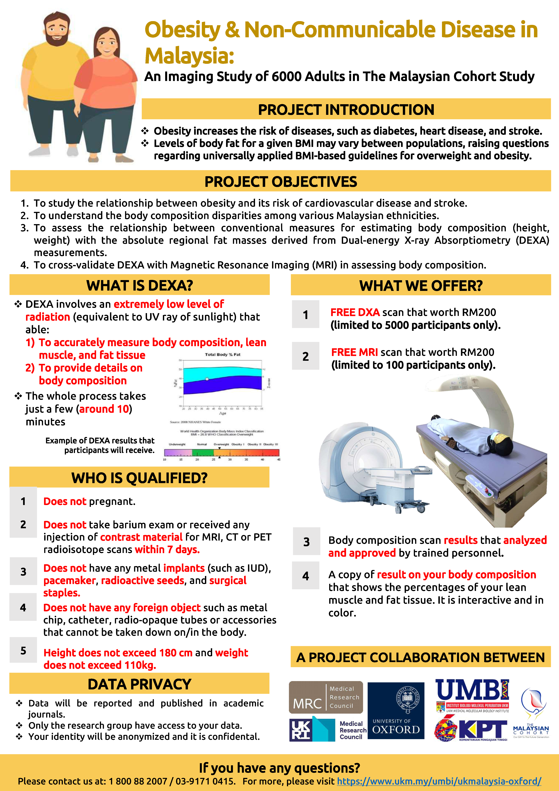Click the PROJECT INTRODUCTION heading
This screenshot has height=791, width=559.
click(x=346, y=110)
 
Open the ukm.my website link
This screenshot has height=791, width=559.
click(x=439, y=781)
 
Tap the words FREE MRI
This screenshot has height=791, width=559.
click(x=354, y=352)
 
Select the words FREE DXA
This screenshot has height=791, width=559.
click(x=355, y=312)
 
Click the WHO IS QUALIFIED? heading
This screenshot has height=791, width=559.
click(x=139, y=478)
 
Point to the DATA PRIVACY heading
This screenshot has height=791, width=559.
click(x=139, y=684)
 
